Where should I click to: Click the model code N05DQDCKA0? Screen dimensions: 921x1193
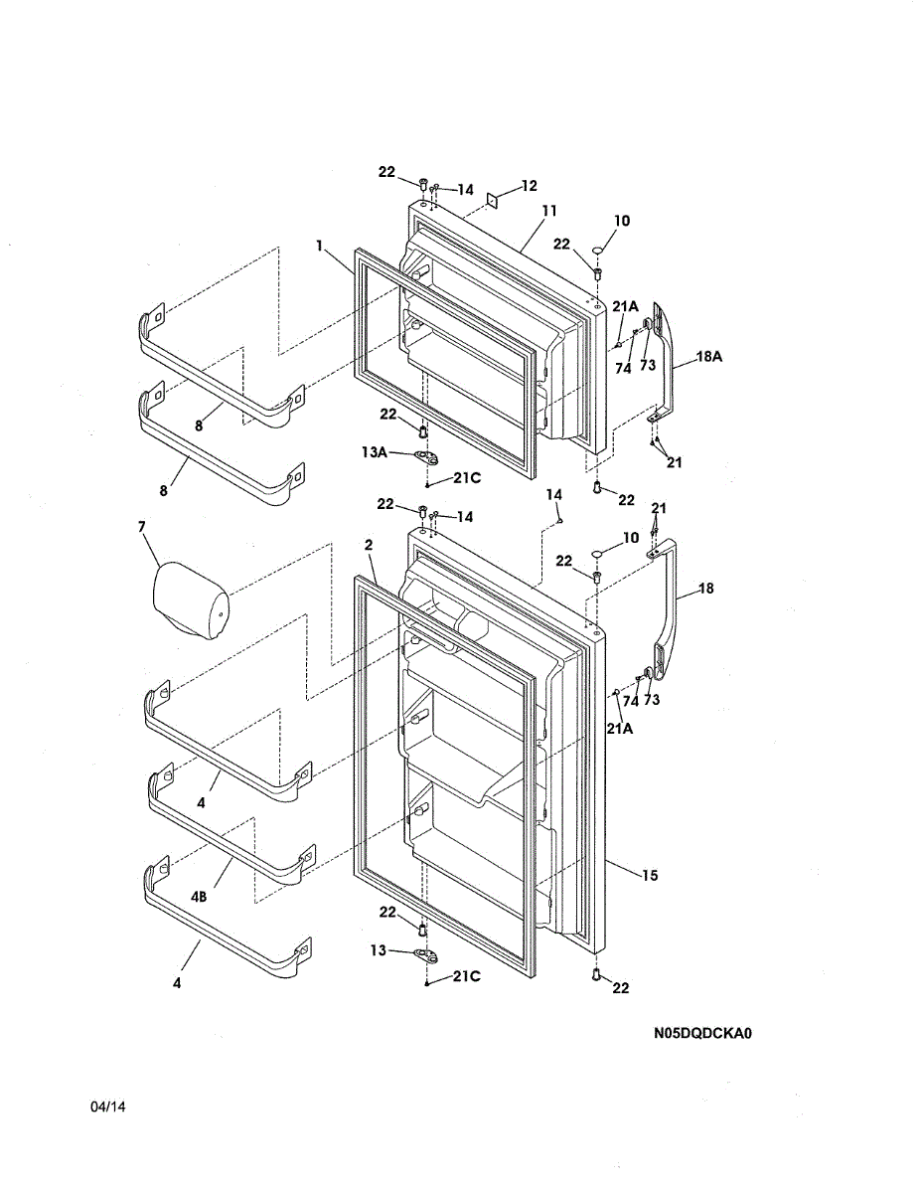point(702,1033)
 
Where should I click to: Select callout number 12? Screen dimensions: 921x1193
point(529,186)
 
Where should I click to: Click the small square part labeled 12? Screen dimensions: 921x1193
point(493,201)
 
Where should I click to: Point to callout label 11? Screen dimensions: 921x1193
point(549,211)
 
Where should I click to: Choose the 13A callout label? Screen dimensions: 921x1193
point(375,451)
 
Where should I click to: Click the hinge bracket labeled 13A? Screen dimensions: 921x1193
point(427,457)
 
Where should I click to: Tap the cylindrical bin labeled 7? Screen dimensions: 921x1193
point(191,600)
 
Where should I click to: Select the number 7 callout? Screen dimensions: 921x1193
point(141,527)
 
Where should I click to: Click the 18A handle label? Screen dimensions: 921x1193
point(709,356)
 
